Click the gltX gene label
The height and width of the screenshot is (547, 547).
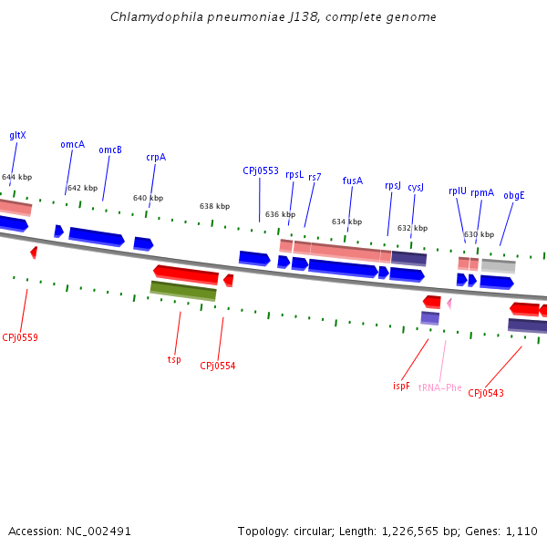(17, 135)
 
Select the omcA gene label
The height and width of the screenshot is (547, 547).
(73, 144)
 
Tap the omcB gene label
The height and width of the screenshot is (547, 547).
(110, 150)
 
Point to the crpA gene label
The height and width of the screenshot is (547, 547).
(156, 157)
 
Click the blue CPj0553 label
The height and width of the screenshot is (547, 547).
(261, 170)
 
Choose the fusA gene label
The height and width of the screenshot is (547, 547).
(353, 181)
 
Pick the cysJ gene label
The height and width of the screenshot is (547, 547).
(416, 186)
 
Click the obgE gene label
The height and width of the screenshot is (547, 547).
(514, 195)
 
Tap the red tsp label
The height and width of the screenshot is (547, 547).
(174, 359)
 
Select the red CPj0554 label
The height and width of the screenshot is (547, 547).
(218, 366)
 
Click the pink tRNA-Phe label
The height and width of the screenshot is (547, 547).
(440, 387)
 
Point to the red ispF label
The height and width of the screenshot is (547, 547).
(401, 386)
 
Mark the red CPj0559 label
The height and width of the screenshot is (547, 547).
(20, 337)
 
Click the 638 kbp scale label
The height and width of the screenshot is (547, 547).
(214, 206)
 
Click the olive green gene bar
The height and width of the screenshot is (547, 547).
(183, 291)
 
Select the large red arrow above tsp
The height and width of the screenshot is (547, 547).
(186, 273)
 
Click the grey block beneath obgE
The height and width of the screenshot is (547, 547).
(499, 266)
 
